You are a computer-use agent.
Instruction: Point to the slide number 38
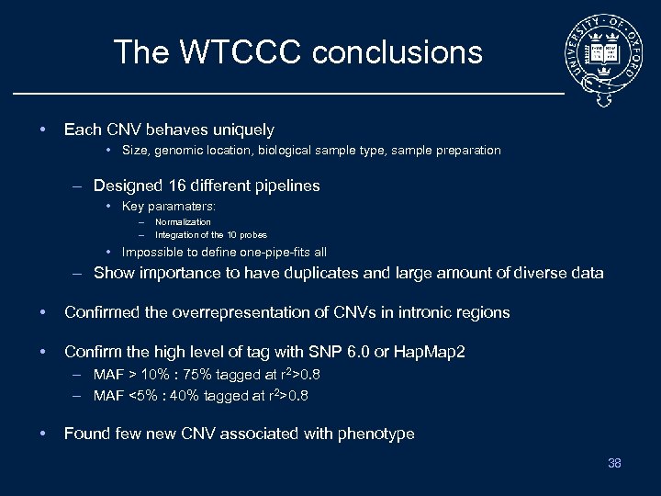click(614, 463)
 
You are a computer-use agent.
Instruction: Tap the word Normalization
click(183, 222)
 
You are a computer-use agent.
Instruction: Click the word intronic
click(425, 312)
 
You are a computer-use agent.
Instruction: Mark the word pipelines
click(285, 186)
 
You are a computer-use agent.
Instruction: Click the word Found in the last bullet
click(86, 434)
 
